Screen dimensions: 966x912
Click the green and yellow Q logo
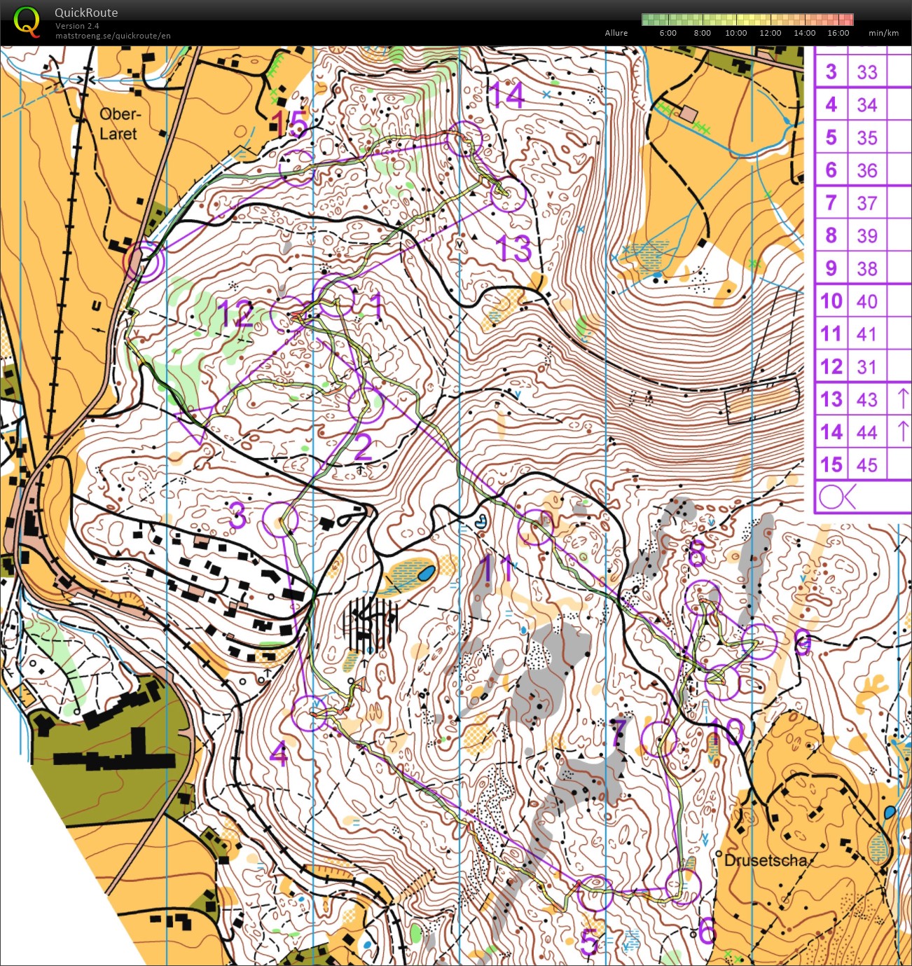(27, 21)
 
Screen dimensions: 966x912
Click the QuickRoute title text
(86, 13)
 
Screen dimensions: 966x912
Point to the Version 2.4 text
(77, 26)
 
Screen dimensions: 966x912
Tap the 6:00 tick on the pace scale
(668, 33)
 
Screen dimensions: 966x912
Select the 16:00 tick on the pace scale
(838, 33)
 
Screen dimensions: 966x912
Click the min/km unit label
(883, 33)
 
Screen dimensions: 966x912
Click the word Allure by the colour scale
(616, 33)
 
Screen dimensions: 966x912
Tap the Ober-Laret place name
(119, 124)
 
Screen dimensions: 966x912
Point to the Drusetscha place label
(766, 860)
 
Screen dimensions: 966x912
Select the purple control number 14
(506, 95)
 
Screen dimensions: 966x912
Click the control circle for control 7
(658, 739)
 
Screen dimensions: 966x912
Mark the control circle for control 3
(280, 520)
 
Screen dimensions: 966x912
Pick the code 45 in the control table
(866, 464)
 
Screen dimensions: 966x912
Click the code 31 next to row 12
(866, 366)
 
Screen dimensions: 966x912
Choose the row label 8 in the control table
(831, 235)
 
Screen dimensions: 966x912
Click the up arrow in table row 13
(902, 399)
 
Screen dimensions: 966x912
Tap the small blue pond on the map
(425, 574)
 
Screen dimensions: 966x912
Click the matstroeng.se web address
(113, 36)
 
